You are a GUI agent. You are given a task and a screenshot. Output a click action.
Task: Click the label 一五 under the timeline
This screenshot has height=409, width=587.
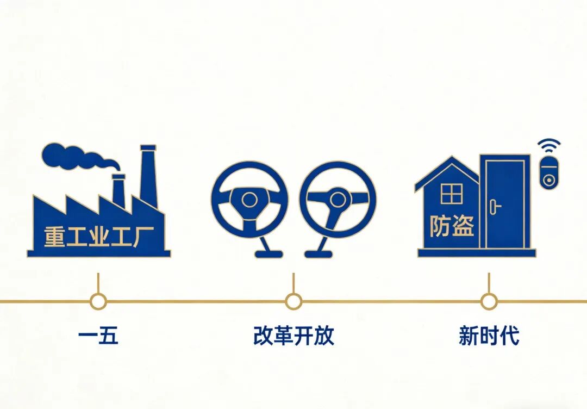coord(98,336)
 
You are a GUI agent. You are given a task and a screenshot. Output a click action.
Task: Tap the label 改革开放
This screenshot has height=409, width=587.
coord(293,336)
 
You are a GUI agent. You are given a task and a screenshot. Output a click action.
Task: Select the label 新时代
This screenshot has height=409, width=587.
coord(489,336)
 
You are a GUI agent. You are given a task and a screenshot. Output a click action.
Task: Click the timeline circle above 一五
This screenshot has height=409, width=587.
coord(98,301)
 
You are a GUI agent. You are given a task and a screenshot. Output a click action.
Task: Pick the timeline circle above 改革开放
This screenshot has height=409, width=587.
coord(293,301)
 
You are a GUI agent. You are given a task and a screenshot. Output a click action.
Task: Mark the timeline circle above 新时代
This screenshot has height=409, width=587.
coord(489,301)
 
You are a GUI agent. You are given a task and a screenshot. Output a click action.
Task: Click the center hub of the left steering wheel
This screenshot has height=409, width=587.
coord(249,200)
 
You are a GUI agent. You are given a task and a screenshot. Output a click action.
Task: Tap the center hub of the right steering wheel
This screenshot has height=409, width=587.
coord(337,199)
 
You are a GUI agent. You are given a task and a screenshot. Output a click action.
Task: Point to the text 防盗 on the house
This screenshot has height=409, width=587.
coord(452,226)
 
